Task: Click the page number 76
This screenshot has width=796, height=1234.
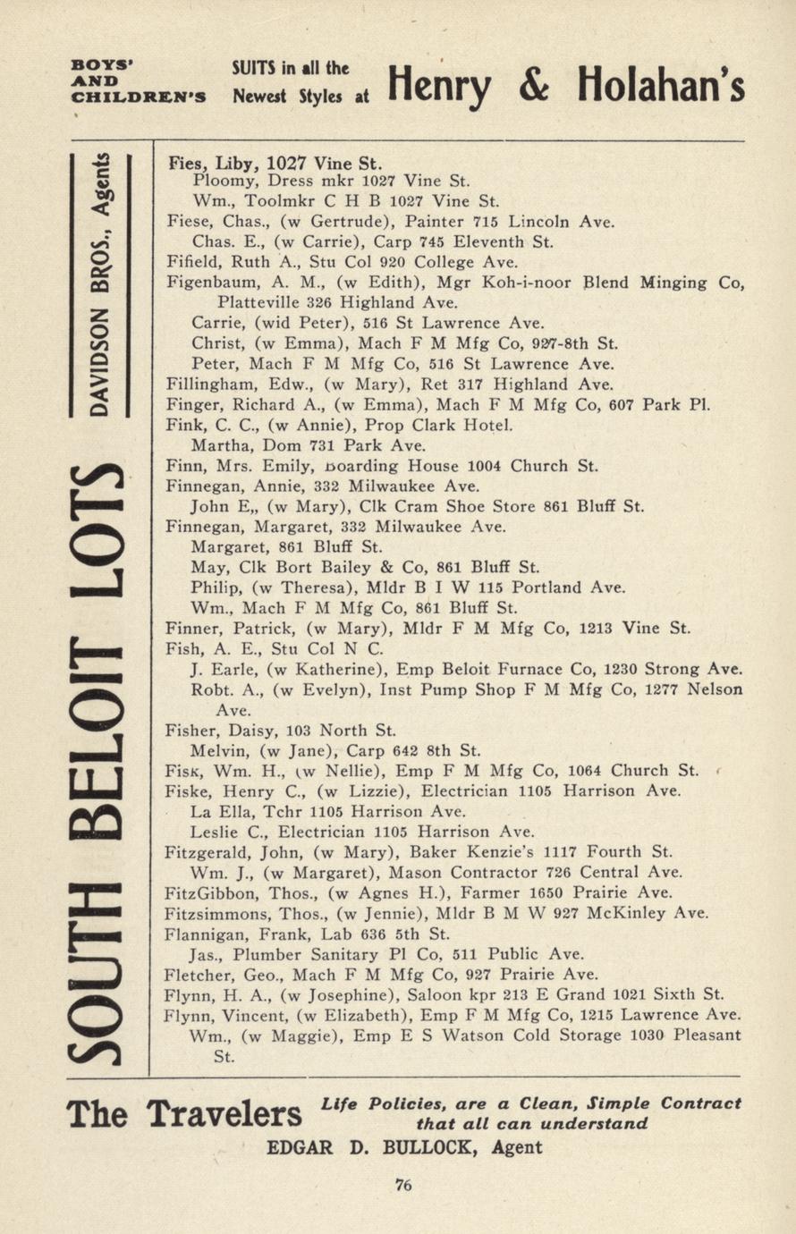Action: point(402,1186)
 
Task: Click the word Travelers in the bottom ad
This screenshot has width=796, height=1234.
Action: point(224,1114)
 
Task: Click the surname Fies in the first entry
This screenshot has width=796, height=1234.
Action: point(186,163)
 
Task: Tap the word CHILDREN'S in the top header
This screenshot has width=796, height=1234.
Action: point(139,97)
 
